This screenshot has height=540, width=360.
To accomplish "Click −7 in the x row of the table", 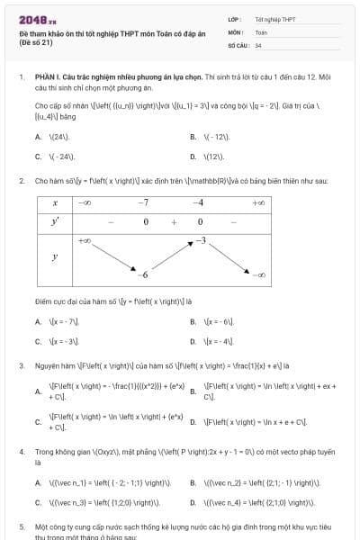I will pyautogui.click(x=144, y=203).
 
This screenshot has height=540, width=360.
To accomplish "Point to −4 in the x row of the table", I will pyautogui.click(x=199, y=203).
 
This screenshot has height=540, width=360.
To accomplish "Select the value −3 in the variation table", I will pyautogui.click(x=202, y=240).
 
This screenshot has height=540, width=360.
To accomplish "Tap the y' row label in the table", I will pyautogui.click(x=55, y=220).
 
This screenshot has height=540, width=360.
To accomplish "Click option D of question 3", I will pyautogui.click(x=243, y=420).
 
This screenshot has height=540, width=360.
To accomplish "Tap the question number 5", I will pyautogui.click(x=21, y=525).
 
